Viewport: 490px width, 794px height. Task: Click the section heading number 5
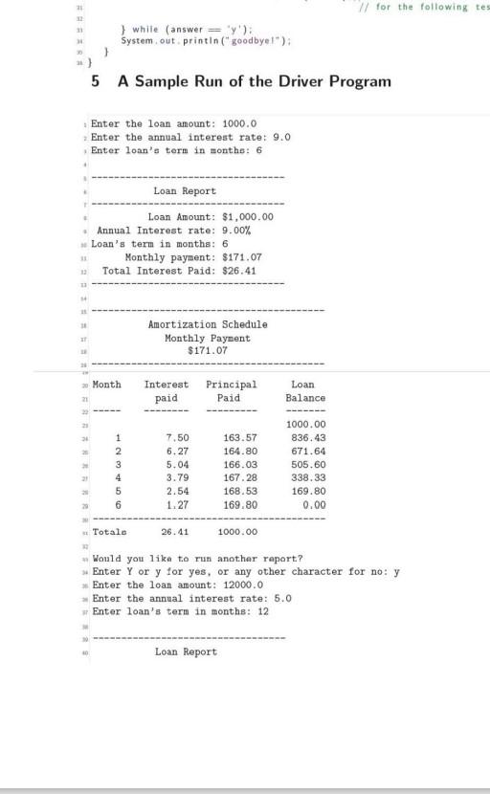tap(95, 81)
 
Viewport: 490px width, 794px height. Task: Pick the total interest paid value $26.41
tap(239, 271)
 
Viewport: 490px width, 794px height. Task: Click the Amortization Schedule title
tap(208, 324)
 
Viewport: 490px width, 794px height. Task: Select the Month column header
tap(107, 384)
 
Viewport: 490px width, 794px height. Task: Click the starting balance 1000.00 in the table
tap(306, 424)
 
